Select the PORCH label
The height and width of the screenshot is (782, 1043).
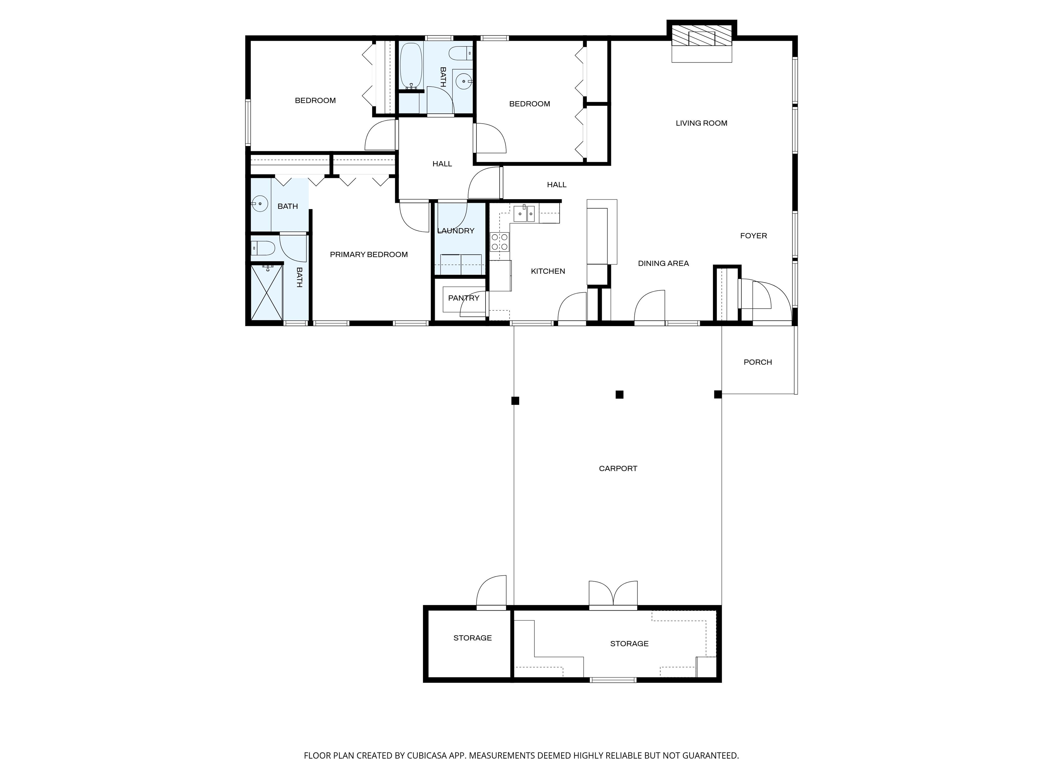758,362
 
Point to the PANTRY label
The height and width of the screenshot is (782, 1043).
463,298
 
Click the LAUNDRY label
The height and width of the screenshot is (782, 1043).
456,230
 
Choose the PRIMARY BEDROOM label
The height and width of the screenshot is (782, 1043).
369,255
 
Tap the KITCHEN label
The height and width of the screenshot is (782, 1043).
548,271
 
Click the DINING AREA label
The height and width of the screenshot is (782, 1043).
663,263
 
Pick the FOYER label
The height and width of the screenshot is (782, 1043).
753,236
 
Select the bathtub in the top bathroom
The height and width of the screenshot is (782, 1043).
411,66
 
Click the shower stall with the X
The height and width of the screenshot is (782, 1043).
267,292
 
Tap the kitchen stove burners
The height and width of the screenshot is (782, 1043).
500,242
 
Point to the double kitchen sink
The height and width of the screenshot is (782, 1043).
525,213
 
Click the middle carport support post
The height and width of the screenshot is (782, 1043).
620,394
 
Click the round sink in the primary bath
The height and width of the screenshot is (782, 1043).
260,204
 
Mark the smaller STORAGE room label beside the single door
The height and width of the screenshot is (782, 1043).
473,638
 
